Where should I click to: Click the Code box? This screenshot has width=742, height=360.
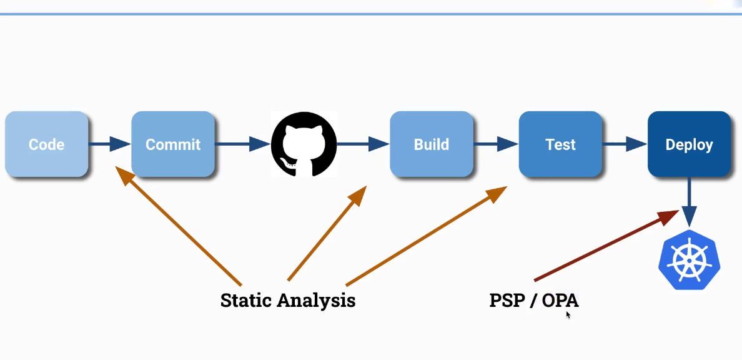[x=47, y=144]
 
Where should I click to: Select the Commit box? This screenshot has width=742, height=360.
[x=173, y=144]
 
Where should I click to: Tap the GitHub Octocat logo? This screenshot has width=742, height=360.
[x=304, y=144]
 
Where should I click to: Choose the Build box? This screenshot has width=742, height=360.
[x=432, y=144]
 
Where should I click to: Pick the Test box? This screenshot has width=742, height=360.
[x=560, y=144]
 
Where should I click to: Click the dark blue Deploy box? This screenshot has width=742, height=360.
[x=689, y=144]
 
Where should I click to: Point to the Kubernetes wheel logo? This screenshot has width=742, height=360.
[x=690, y=258]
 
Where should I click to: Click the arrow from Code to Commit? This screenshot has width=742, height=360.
[x=109, y=144]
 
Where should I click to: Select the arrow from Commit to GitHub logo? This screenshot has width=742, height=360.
[x=242, y=144]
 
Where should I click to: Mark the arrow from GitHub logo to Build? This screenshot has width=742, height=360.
[x=363, y=144]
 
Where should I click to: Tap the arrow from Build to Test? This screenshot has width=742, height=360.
[x=496, y=144]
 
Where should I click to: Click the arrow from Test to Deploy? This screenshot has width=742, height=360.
[x=625, y=144]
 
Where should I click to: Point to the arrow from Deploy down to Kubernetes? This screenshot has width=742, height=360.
[x=690, y=201]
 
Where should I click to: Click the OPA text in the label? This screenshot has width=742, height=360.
[x=560, y=301]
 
